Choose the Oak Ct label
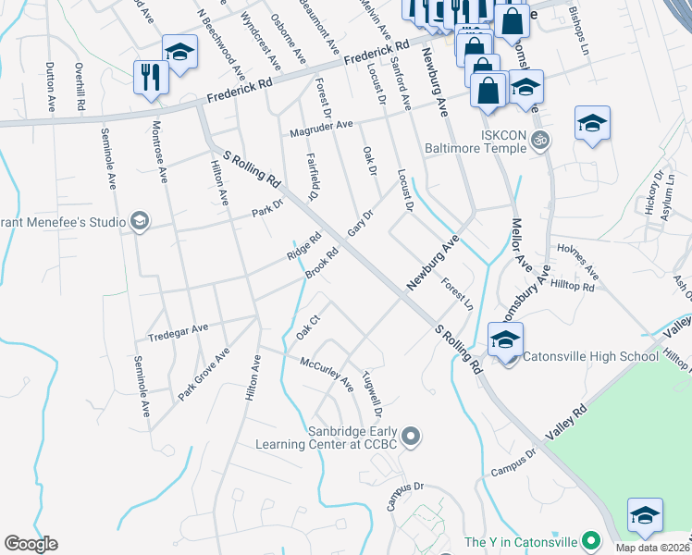point(307,327)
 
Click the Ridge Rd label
point(303,246)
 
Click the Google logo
point(31,543)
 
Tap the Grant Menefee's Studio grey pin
point(138,220)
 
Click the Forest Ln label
point(457,293)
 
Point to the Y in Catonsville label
point(520,542)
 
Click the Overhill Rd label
point(80,88)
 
